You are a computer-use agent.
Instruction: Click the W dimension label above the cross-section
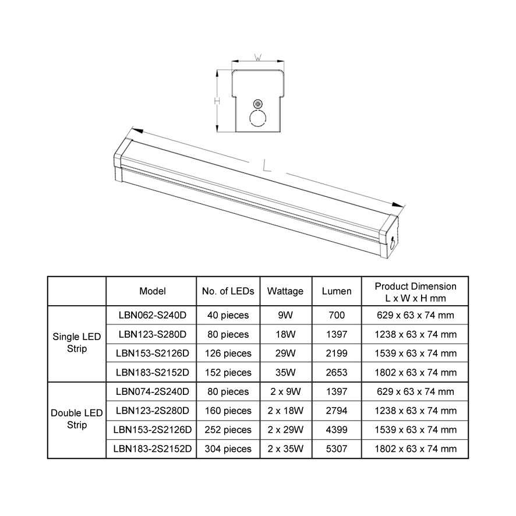point(258,58)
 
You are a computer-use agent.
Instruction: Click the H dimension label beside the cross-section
point(217,101)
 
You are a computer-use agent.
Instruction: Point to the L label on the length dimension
point(267,165)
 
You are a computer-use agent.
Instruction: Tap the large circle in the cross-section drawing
point(257,118)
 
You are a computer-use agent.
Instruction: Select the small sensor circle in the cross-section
point(258,104)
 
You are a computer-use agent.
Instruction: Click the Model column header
point(153,291)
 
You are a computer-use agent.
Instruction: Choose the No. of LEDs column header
point(228,291)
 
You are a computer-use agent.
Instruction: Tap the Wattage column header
point(285,291)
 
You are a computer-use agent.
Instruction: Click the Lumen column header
point(337,291)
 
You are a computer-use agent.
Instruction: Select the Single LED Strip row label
point(77,342)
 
